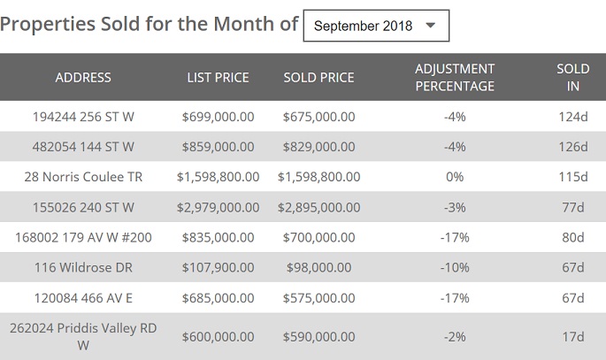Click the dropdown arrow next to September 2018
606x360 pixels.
(x=431, y=26)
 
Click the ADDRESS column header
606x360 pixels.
(x=83, y=77)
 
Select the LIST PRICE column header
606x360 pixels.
(x=218, y=77)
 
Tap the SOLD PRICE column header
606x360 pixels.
(x=318, y=77)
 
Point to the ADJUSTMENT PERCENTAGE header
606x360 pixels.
(x=455, y=77)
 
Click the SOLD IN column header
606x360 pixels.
(x=572, y=77)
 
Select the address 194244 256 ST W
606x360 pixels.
(x=83, y=116)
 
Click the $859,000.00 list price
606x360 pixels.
(x=218, y=146)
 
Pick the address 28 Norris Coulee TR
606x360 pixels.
(x=83, y=177)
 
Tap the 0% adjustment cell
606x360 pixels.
(x=455, y=177)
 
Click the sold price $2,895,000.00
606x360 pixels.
(x=318, y=207)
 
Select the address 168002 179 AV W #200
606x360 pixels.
(x=83, y=237)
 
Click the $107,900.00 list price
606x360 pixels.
(x=218, y=267)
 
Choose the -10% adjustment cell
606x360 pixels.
(x=455, y=267)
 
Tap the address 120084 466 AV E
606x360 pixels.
(x=83, y=298)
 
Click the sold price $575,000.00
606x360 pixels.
(x=318, y=298)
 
